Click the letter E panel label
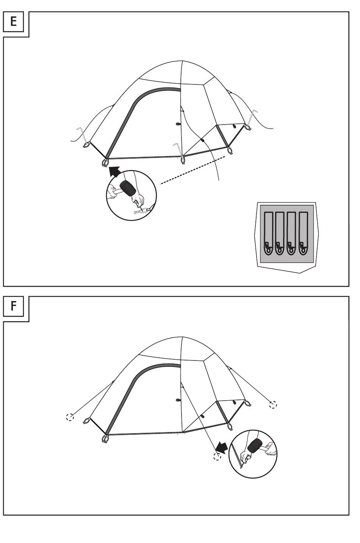pyautogui.click(x=14, y=21)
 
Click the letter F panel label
pyautogui.click(x=14, y=306)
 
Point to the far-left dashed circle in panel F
pyautogui.click(x=70, y=417)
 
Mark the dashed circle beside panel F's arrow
pyautogui.click(x=216, y=457)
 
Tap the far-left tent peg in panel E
pyautogui.click(x=81, y=135)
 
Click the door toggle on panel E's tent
pyautogui.click(x=178, y=124)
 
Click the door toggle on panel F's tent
pyautogui.click(x=178, y=399)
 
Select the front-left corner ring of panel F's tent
pyautogui.click(x=105, y=439)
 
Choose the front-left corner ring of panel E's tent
pyautogui.click(x=105, y=163)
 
